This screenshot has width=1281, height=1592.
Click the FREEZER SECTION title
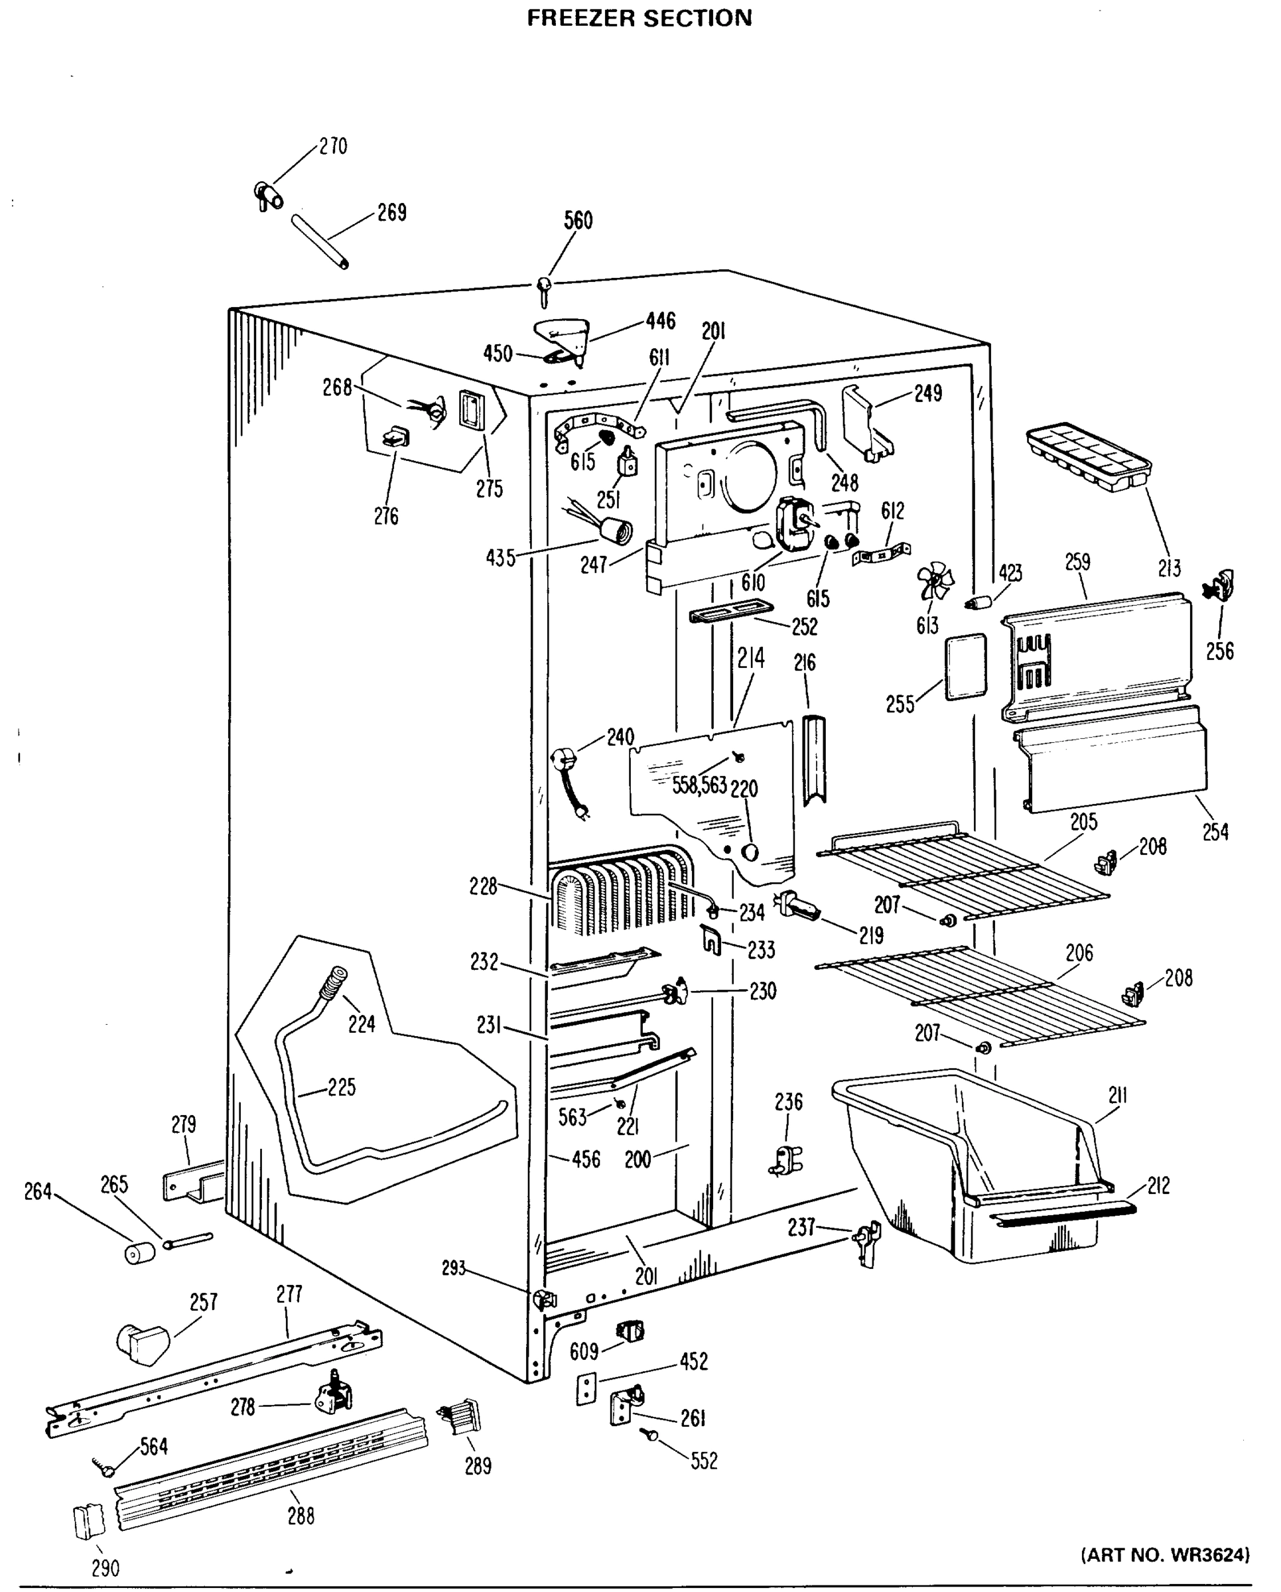point(640,18)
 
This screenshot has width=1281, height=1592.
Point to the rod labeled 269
point(320,241)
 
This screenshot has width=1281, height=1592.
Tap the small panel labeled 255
point(966,666)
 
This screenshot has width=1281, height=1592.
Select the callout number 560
point(578,220)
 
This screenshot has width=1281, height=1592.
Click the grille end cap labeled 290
point(89,1522)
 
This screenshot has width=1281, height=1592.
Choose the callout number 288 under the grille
point(301,1516)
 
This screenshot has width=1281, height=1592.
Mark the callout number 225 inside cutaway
point(341,1088)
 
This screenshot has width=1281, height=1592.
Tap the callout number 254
point(1215,832)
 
